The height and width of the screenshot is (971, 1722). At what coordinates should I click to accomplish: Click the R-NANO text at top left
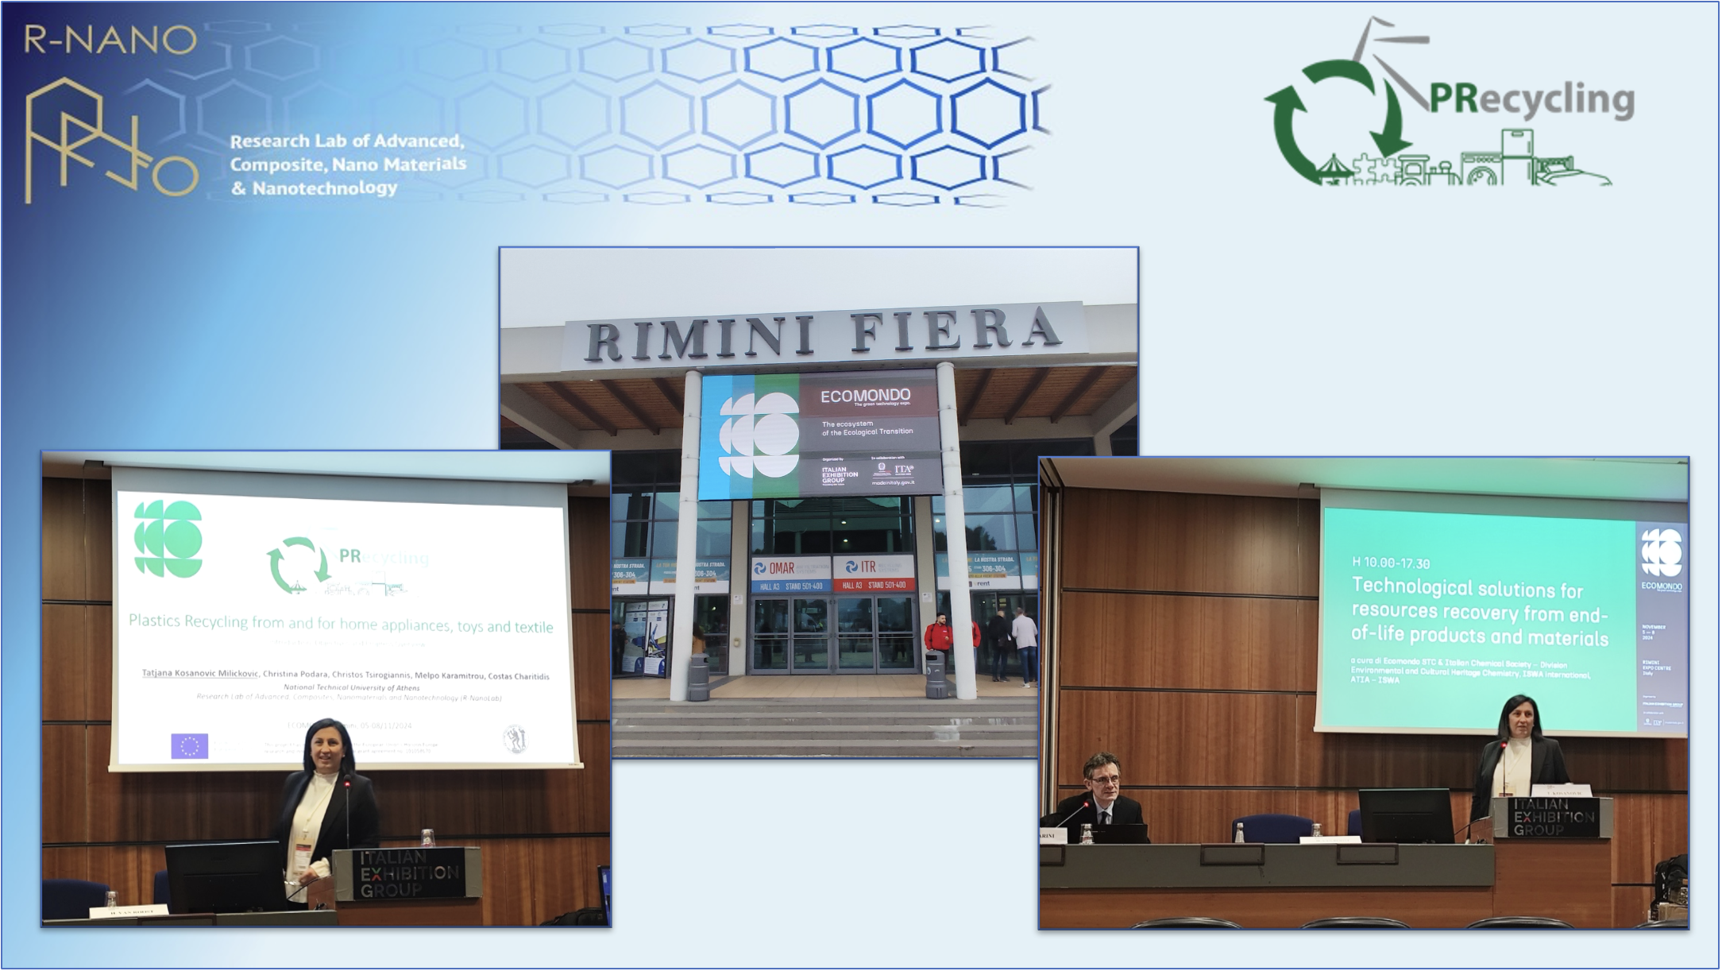110,39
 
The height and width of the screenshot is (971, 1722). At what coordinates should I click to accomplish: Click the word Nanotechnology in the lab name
325,188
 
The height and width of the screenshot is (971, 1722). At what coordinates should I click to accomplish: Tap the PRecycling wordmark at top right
1531,100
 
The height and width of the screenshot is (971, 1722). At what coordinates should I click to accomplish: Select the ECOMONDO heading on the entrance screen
865,396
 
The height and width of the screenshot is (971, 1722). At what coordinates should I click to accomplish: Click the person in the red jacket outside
938,640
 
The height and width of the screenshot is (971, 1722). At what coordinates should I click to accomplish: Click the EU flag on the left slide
189,746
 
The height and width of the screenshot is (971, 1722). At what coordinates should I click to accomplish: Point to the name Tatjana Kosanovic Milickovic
199,674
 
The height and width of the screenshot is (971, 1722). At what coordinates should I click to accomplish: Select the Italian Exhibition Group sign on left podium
408,873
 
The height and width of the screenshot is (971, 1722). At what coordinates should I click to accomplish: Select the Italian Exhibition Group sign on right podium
1553,817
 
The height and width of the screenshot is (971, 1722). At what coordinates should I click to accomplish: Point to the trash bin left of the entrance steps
697,676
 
